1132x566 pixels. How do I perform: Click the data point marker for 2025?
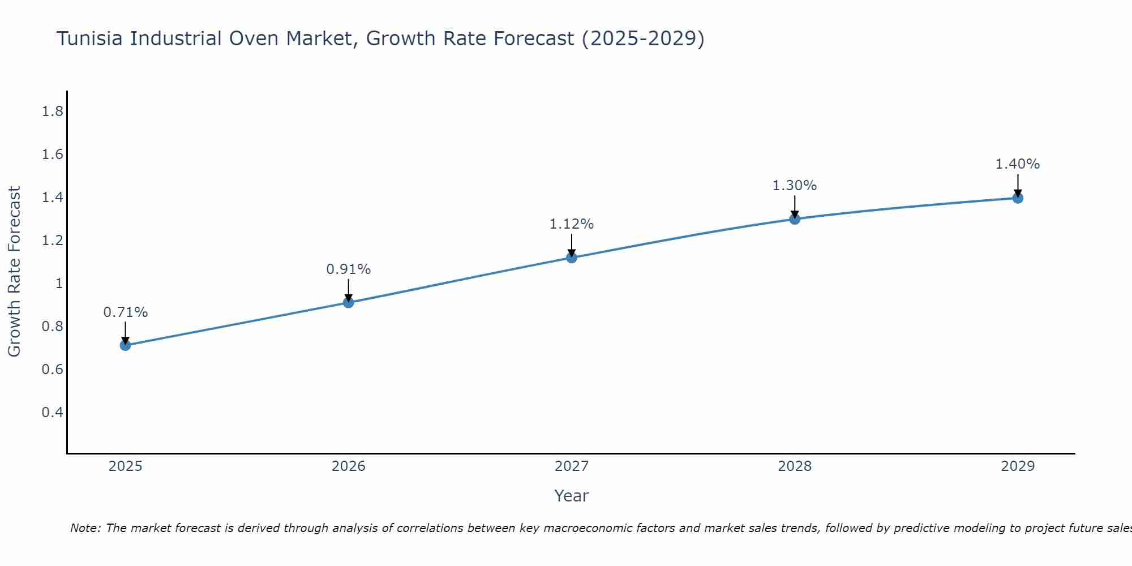pyautogui.click(x=125, y=345)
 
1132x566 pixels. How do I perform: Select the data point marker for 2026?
pyautogui.click(x=349, y=303)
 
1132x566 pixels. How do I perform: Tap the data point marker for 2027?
pyautogui.click(x=572, y=258)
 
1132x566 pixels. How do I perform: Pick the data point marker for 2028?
pyautogui.click(x=795, y=219)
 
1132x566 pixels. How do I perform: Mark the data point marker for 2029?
pyautogui.click(x=1018, y=198)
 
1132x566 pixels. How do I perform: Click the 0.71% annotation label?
pyautogui.click(x=125, y=312)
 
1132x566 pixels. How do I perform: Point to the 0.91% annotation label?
pyautogui.click(x=349, y=269)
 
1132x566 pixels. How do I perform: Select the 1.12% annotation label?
pyautogui.click(x=572, y=224)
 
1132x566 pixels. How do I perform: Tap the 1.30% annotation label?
pyautogui.click(x=795, y=186)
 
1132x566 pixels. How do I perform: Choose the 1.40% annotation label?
pyautogui.click(x=1018, y=164)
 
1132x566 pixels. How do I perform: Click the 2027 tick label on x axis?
pyautogui.click(x=572, y=466)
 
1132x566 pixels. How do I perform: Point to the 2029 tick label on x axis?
pyautogui.click(x=1018, y=466)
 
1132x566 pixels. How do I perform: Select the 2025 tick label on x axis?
pyautogui.click(x=125, y=466)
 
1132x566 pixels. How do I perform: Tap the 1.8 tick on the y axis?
pyautogui.click(x=52, y=112)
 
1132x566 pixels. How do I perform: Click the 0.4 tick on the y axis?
pyautogui.click(x=52, y=412)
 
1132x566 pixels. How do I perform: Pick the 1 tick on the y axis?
pyautogui.click(x=58, y=284)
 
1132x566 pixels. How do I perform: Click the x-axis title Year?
pyautogui.click(x=572, y=496)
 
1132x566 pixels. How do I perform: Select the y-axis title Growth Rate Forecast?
pyautogui.click(x=14, y=272)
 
